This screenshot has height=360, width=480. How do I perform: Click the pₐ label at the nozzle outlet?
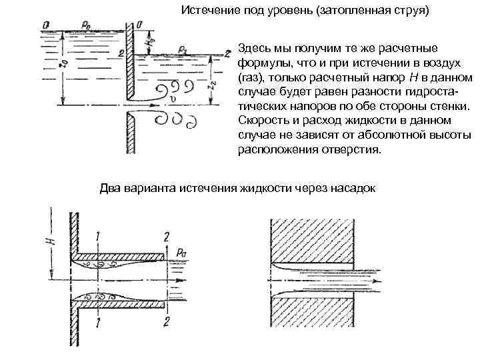coord(182,251)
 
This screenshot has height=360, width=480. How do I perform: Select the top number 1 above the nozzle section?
coord(97,235)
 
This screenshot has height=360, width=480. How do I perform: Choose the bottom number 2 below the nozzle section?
coord(165,323)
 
